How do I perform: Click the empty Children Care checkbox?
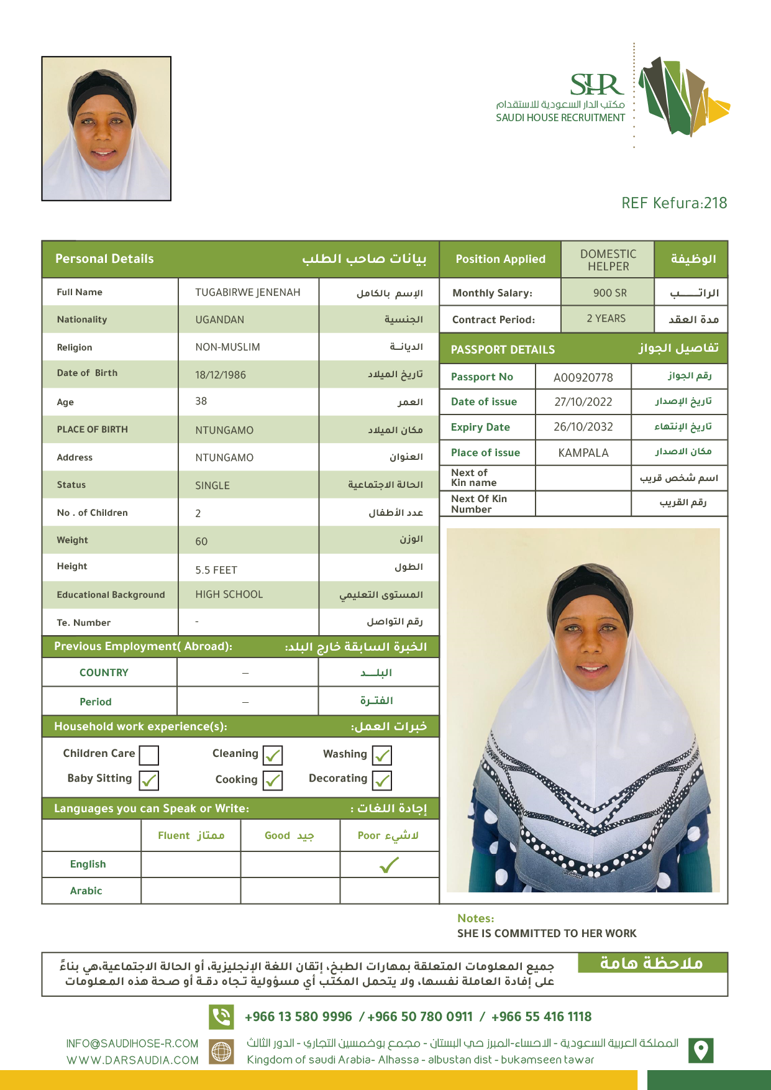coord(149,755)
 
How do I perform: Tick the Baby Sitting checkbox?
coord(149,781)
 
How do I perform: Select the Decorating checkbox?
coord(382,781)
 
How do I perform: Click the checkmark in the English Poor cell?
coord(389,864)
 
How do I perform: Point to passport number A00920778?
coord(583,377)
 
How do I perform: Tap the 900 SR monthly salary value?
coord(609,293)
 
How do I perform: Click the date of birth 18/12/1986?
coord(221,375)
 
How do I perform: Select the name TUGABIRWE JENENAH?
coord(247,292)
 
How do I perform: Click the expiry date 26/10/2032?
coord(583,427)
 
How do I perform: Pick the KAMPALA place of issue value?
coord(583,452)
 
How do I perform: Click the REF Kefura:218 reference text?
coord(674,203)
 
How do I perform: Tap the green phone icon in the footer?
coord(221,1017)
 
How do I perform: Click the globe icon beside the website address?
coord(221,1051)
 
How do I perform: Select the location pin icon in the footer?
coord(701,1050)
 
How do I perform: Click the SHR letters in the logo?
coord(596,85)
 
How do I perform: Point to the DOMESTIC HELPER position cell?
coord(608,260)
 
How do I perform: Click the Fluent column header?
coord(191,835)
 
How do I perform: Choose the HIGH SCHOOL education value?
coord(229,595)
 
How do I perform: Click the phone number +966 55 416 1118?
coord(541,1017)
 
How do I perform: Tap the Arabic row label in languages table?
coord(86,891)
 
